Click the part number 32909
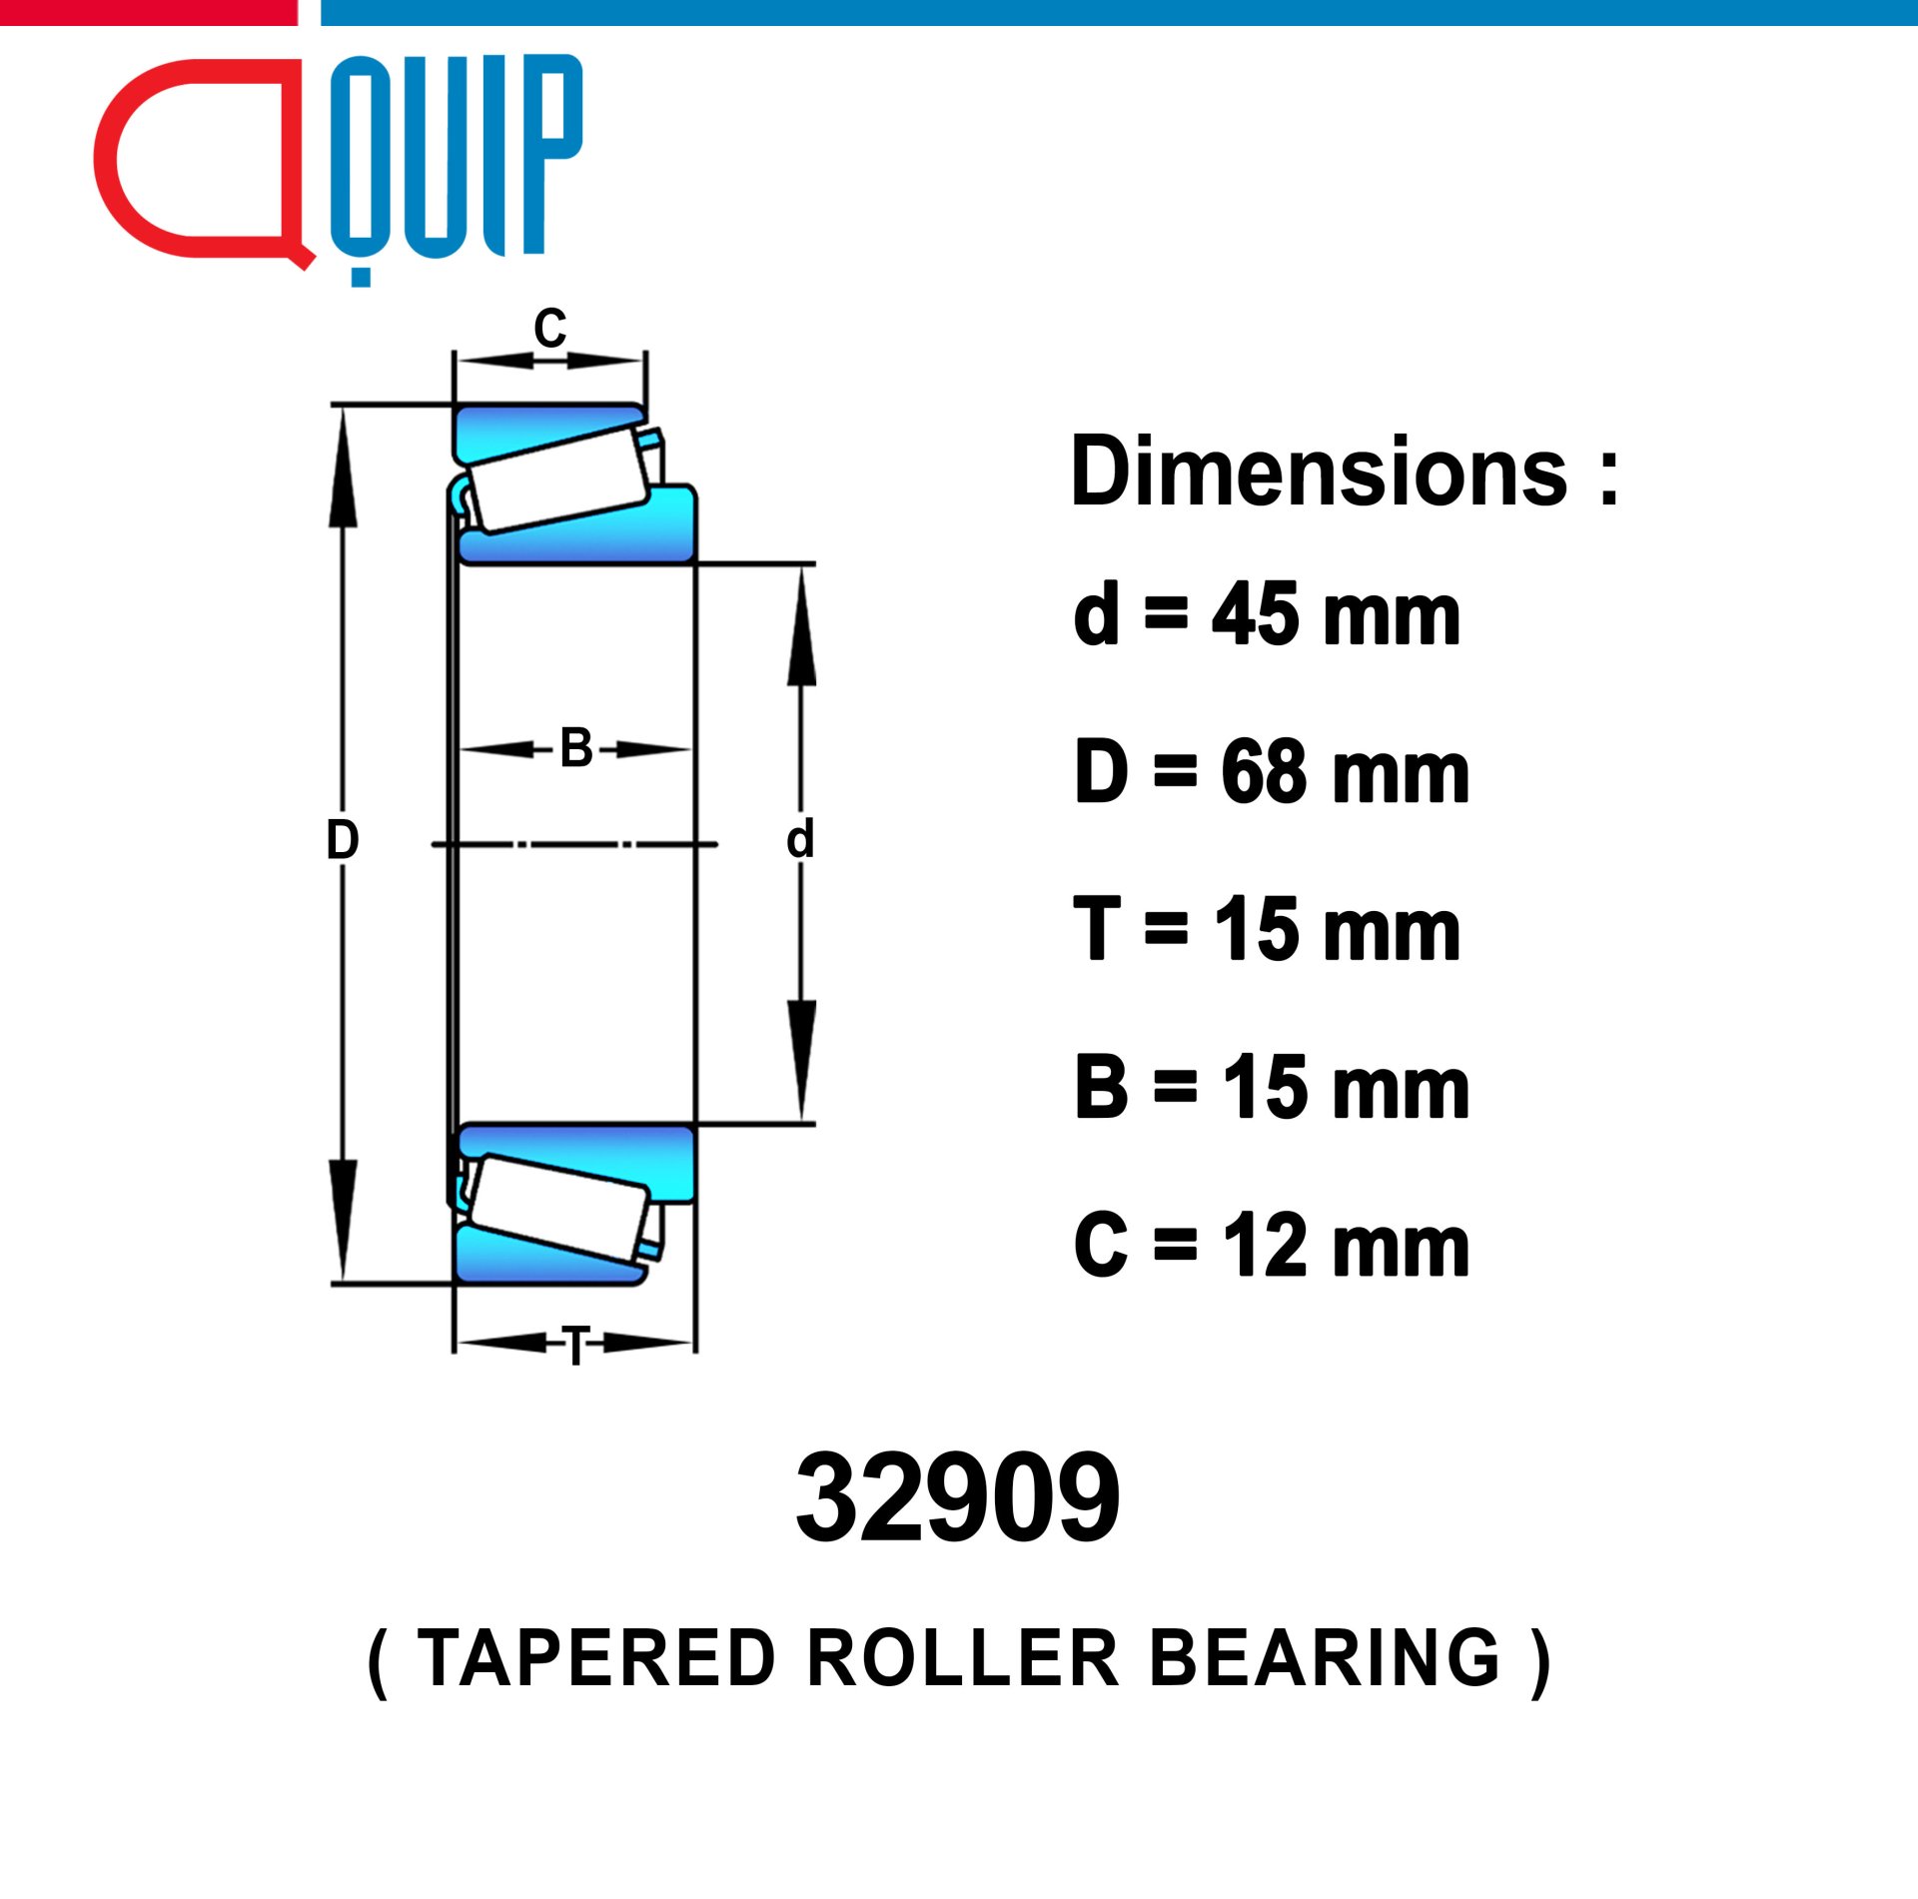[x=957, y=1497]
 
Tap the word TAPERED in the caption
[x=596, y=1658]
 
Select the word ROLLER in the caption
[x=963, y=1658]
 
